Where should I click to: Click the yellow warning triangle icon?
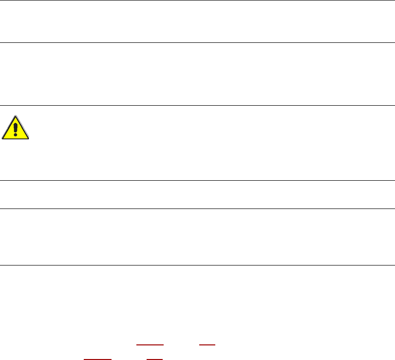[15, 128]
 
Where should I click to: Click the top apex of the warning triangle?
[16, 116]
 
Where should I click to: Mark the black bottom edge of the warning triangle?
[15, 138]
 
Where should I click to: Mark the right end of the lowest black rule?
[394, 265]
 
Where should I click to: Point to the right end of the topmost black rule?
[394, 0]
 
